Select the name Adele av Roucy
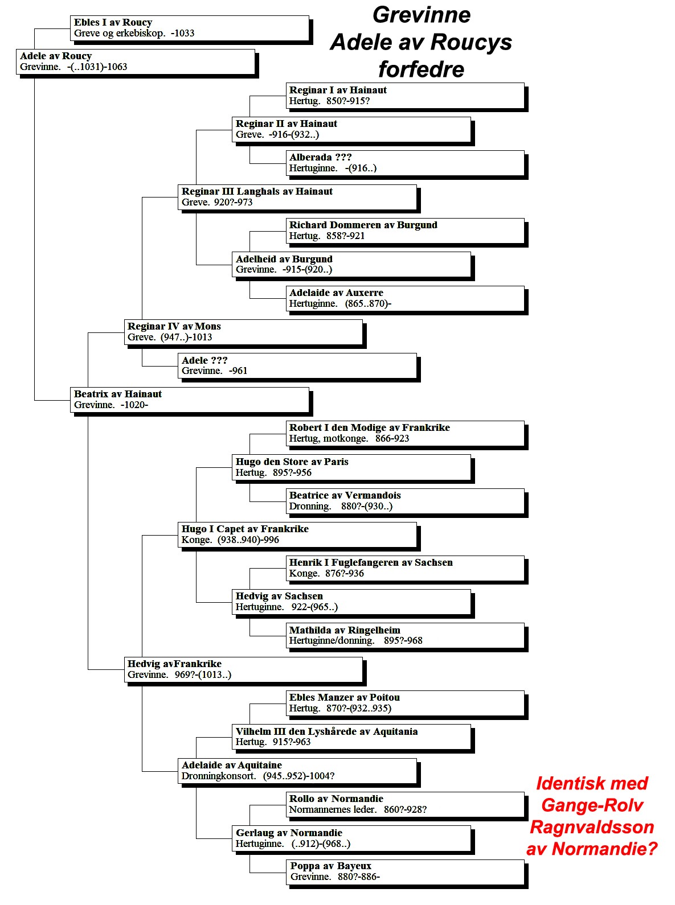56,56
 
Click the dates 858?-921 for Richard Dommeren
345,236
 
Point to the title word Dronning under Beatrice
310,507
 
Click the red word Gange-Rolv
592,805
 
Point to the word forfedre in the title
422,69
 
